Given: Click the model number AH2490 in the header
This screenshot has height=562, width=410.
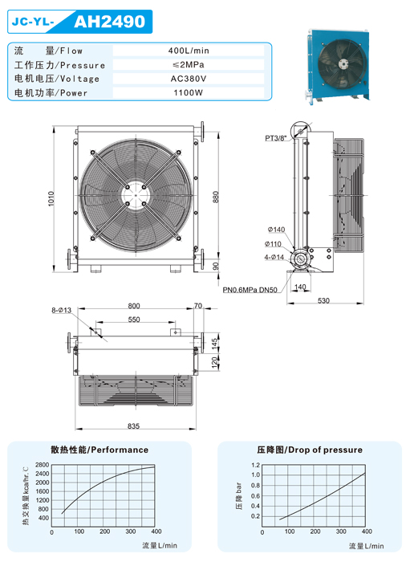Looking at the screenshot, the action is (x=110, y=22).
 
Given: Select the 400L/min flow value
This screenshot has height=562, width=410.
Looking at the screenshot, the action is (x=189, y=51).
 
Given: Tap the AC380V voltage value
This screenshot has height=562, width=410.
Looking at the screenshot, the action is (x=189, y=79).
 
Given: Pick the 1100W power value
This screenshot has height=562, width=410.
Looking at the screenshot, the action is (x=189, y=93).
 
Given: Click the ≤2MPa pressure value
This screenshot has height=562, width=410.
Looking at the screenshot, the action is (x=189, y=64).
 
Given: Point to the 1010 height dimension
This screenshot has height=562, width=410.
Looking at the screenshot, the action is (x=51, y=198).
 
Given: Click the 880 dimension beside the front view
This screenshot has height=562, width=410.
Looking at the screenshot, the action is (x=215, y=198).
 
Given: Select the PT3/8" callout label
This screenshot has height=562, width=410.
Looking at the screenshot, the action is (x=276, y=138).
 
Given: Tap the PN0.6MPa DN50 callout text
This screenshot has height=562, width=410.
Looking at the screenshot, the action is (x=250, y=290).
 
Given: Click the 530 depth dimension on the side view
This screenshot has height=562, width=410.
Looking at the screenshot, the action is (x=323, y=300).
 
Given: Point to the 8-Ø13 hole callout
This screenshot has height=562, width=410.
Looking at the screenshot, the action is (x=61, y=310).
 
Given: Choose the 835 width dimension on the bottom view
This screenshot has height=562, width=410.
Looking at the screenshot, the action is (x=133, y=426).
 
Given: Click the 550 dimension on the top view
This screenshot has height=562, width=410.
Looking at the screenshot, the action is (x=134, y=320).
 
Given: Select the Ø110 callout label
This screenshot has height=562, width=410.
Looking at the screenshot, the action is (x=273, y=244).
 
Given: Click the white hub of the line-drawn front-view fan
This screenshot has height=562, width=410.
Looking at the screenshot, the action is (x=136, y=195).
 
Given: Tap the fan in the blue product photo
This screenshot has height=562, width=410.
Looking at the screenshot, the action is (x=343, y=63).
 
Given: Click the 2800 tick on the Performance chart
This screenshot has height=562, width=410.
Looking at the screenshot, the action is (x=42, y=465).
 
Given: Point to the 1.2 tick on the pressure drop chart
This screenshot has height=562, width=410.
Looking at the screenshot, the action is (x=256, y=465).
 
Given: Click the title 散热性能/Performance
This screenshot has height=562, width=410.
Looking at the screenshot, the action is (x=99, y=450).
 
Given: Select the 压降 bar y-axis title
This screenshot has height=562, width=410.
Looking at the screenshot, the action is (x=239, y=495).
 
